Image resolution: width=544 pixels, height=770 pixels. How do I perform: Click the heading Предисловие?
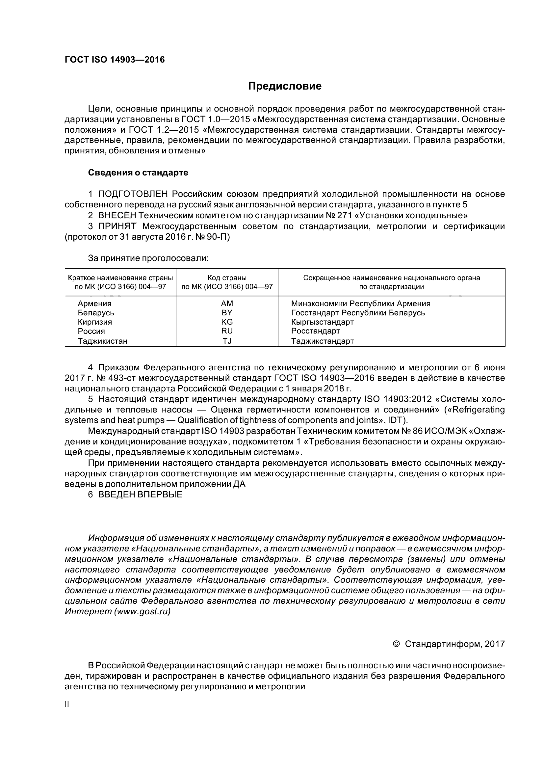(x=285, y=86)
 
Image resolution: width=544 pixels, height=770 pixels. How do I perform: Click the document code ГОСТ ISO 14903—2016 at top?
(x=115, y=60)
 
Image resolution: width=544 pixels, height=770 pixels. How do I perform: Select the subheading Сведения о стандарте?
(x=138, y=173)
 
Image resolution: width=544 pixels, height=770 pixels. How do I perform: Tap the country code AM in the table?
(x=227, y=304)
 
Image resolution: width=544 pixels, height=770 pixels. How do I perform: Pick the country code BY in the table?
(x=227, y=312)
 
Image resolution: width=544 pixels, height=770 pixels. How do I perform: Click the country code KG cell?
(x=227, y=322)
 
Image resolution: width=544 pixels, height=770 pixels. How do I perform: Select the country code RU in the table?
(x=227, y=331)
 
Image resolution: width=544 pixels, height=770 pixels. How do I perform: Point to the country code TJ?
(x=227, y=341)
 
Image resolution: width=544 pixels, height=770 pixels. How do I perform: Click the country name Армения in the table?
(x=94, y=304)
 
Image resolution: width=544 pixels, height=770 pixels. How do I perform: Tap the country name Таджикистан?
(x=103, y=341)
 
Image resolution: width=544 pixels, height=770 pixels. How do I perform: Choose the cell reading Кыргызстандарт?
(x=322, y=322)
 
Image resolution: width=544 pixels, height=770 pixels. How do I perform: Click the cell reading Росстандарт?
(x=315, y=331)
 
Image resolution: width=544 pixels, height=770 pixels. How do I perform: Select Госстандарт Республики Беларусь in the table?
(x=358, y=312)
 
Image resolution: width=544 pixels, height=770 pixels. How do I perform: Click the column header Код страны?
(x=227, y=278)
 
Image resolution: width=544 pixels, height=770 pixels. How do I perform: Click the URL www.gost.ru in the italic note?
(x=142, y=611)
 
